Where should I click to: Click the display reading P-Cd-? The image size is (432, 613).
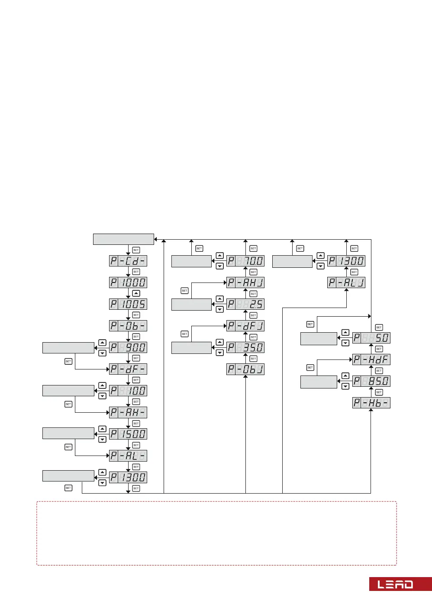point(128,261)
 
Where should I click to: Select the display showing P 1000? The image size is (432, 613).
point(128,282)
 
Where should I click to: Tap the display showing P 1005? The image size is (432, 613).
point(128,304)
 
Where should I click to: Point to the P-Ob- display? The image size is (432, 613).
point(128,326)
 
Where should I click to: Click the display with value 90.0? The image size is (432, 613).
point(128,347)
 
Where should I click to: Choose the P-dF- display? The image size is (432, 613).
point(128,369)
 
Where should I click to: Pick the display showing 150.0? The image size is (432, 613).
point(128,434)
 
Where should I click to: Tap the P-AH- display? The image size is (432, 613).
point(128,412)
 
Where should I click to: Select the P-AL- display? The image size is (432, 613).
point(128,456)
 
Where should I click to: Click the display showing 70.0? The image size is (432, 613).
point(245,261)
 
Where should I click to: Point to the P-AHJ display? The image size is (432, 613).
point(245,282)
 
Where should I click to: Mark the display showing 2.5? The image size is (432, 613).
point(245,304)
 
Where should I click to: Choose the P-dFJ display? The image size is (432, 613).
point(245,326)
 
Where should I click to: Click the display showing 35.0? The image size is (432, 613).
point(245,347)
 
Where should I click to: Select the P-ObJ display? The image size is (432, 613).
point(245,369)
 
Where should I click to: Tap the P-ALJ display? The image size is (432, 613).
point(346,282)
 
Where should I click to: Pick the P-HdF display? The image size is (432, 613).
point(371,359)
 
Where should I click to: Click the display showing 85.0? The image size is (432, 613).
point(371,381)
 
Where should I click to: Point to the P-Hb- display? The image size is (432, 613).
point(371,403)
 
